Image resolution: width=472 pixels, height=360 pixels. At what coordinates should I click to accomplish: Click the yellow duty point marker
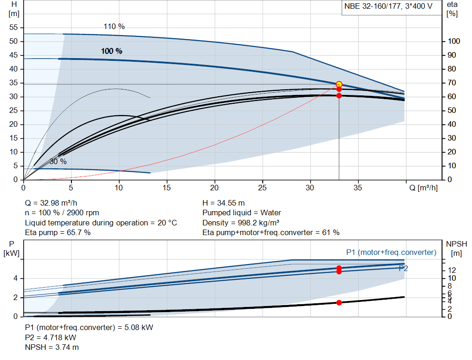pos(339,84)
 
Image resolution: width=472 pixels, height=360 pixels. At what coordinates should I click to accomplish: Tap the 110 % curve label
pos(114,26)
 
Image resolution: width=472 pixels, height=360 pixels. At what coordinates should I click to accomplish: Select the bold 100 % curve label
pos(112,51)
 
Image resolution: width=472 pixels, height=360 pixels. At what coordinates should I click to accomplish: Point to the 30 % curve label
pos(58,162)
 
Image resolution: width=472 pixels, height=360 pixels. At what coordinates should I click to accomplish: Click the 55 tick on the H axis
pos(13,28)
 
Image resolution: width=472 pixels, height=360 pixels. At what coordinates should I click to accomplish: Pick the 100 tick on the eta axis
pos(454,41)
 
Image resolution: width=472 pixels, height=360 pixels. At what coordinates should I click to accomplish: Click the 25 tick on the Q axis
pos(262,188)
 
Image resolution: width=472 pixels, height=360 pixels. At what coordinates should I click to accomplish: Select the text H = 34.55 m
pos(224,203)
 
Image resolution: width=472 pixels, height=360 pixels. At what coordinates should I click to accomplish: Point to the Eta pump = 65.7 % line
pos(58,232)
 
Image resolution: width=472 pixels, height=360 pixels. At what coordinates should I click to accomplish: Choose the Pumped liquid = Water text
pos(242,213)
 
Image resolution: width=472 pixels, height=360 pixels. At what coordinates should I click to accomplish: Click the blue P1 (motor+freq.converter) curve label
pos(391,252)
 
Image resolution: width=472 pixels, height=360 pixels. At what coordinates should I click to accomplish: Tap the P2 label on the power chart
pos(403,268)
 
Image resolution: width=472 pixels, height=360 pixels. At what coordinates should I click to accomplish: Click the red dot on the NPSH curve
pos(339,302)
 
